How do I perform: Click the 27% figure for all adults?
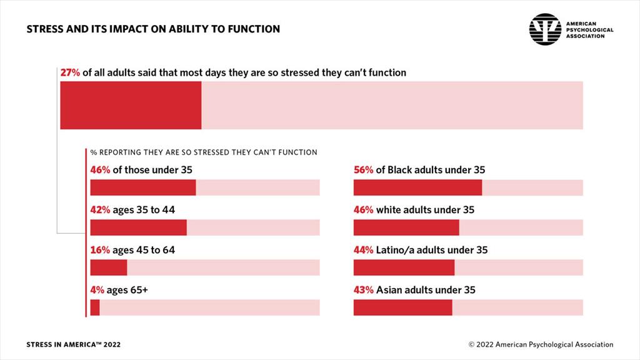[70, 72]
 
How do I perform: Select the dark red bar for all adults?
[131, 105]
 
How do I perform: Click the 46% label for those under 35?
[100, 169]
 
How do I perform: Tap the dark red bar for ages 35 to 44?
[138, 227]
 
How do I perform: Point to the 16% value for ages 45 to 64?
[100, 250]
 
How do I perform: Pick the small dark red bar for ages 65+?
[95, 307]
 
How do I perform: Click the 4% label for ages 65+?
[97, 290]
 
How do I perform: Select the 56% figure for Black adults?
[363, 169]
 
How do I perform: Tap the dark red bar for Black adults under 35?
[417, 187]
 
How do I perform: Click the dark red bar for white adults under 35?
[406, 227]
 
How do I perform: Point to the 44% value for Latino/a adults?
[363, 250]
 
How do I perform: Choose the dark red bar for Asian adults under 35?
[402, 307]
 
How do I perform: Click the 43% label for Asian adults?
[363, 290]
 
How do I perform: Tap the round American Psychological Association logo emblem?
[545, 29]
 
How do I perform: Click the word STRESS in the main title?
[44, 29]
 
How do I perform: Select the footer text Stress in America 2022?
[74, 344]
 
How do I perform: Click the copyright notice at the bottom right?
[541, 344]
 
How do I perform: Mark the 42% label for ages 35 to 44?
[100, 209]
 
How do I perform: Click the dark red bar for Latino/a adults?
[404, 267]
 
